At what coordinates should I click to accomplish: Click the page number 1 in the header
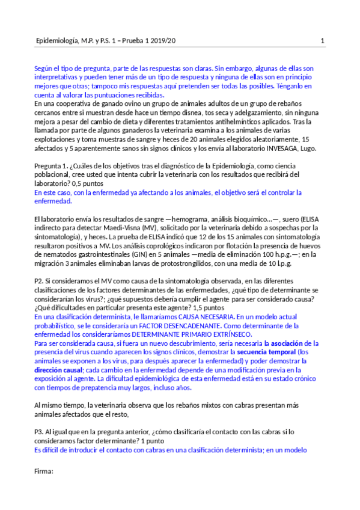(323, 41)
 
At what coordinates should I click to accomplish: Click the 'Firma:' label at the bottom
(44, 472)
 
